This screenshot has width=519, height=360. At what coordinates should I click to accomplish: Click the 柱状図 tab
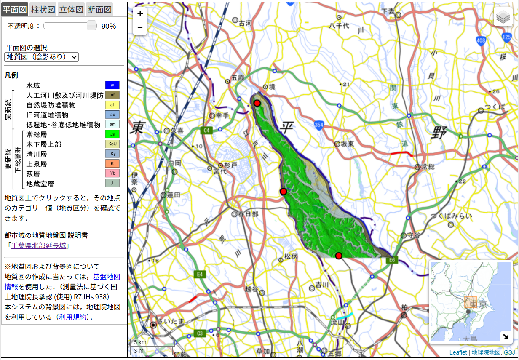pos(43,9)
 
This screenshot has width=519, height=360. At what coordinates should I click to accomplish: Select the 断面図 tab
pos(99,9)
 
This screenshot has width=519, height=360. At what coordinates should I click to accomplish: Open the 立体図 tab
pos(71,9)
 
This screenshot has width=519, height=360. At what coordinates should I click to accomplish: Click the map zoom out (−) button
pos(140,28)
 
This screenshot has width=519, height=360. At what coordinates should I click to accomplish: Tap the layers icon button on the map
pos(503,17)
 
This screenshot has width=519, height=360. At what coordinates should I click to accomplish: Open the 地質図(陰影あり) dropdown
pos(41,57)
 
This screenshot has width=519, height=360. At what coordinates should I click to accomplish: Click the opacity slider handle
pos(91,26)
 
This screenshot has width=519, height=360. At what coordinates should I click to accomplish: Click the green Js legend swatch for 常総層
pos(112,134)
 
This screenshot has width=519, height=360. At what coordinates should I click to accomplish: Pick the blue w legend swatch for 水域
pos(112,85)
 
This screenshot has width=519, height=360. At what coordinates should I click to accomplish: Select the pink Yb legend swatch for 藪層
pos(112,173)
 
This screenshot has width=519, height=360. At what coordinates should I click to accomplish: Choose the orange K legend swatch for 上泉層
pos(112,164)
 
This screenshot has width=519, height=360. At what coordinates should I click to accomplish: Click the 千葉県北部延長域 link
pos(38,245)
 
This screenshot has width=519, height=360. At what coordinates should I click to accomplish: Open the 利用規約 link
pos(72,317)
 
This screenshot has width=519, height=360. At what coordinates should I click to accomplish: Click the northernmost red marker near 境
pos(257,103)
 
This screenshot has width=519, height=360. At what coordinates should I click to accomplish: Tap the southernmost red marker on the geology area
pos(339,256)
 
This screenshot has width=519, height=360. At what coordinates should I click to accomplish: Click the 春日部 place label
pos(248,214)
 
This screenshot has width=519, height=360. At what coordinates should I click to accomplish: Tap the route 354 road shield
pos(318,125)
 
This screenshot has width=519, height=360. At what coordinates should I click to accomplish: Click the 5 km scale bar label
pos(140,342)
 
